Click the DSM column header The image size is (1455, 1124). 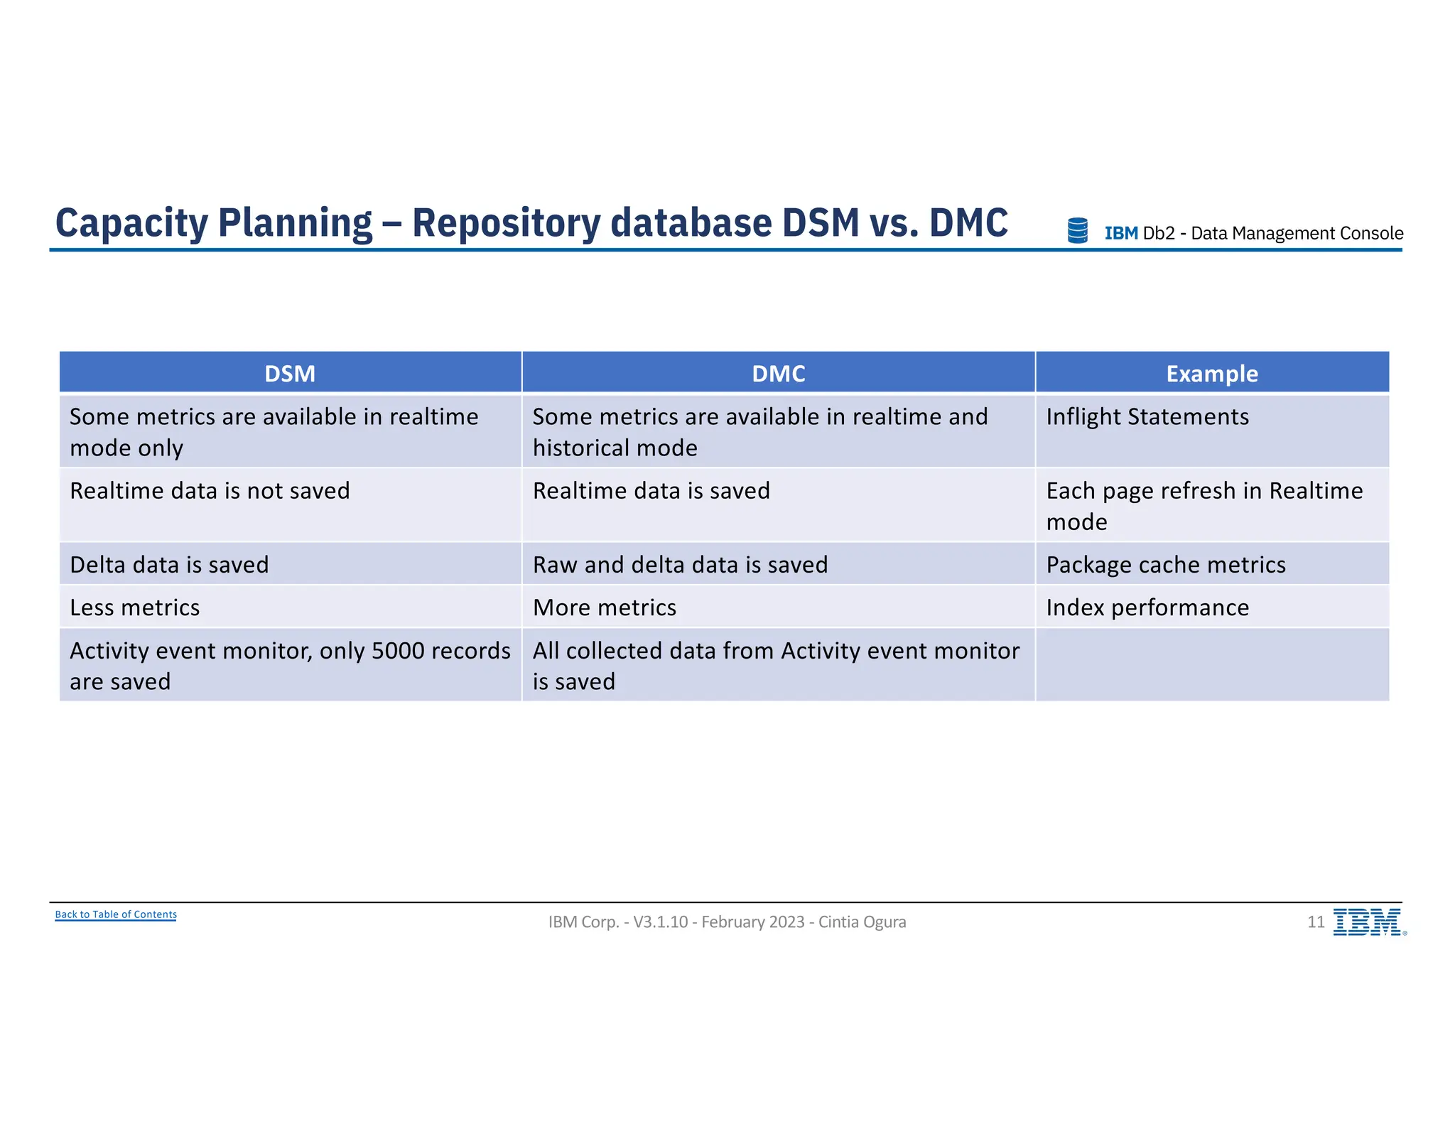click(290, 374)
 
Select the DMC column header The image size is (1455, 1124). click(779, 374)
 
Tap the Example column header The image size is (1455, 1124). click(1212, 374)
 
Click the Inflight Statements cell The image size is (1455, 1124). click(1147, 417)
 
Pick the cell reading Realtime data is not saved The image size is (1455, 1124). click(210, 491)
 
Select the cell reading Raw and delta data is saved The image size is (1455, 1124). click(680, 565)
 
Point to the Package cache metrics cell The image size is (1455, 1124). click(1166, 565)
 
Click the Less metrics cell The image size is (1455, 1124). click(135, 607)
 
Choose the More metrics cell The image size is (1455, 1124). click(605, 607)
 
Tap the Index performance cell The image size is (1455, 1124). click(1147, 607)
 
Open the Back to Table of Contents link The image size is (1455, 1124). click(116, 914)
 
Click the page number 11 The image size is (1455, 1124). click(1316, 922)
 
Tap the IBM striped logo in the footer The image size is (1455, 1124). click(1368, 922)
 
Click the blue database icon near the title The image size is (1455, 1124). click(1078, 231)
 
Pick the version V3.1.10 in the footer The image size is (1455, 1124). click(661, 922)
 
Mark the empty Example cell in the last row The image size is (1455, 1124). click(1212, 665)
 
